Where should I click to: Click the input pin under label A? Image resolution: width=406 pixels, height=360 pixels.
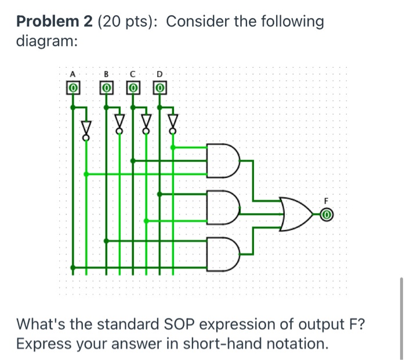pyautogui.click(x=72, y=88)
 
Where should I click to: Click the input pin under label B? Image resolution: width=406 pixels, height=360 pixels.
pyautogui.click(x=106, y=88)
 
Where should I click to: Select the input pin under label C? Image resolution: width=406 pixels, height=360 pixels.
pyautogui.click(x=133, y=88)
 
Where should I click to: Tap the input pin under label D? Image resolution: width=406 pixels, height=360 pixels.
pyautogui.click(x=160, y=88)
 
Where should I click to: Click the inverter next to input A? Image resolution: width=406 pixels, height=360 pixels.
pyautogui.click(x=86, y=127)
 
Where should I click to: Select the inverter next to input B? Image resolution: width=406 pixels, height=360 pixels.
pyautogui.click(x=119, y=123)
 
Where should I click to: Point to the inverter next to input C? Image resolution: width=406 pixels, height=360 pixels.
pyautogui.click(x=146, y=123)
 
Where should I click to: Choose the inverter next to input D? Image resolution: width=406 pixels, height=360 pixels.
pyautogui.click(x=172, y=123)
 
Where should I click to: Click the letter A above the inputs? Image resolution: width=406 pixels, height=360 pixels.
pyautogui.click(x=72, y=74)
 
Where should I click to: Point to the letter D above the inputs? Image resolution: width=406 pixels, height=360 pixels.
pyautogui.click(x=160, y=74)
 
